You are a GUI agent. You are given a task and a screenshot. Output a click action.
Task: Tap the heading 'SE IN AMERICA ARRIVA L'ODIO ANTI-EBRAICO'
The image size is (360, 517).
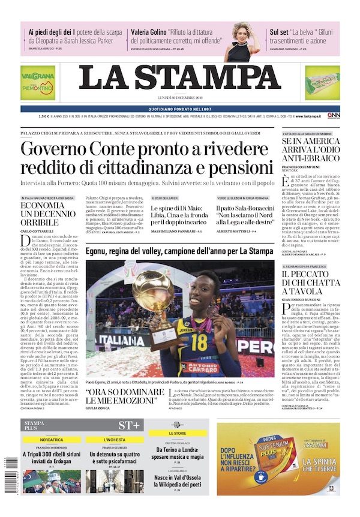tap(310, 153)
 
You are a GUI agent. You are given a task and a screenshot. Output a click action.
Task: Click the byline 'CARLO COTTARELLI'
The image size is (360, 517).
tap(39, 231)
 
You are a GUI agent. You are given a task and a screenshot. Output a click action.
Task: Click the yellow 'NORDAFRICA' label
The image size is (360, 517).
tap(52, 440)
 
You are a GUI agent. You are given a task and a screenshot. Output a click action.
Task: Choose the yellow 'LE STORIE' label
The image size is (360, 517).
tap(177, 432)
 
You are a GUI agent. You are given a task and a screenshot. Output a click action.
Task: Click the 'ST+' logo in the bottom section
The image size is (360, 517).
tap(128, 425)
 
